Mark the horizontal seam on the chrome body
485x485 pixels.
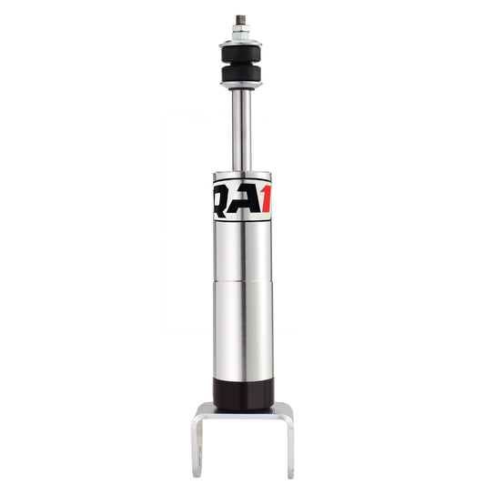pyautogui.click(x=242, y=282)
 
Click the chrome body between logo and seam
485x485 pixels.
pyautogui.click(x=242, y=250)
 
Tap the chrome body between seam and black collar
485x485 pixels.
pyautogui.click(x=242, y=332)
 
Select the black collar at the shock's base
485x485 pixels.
pyautogui.click(x=242, y=392)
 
